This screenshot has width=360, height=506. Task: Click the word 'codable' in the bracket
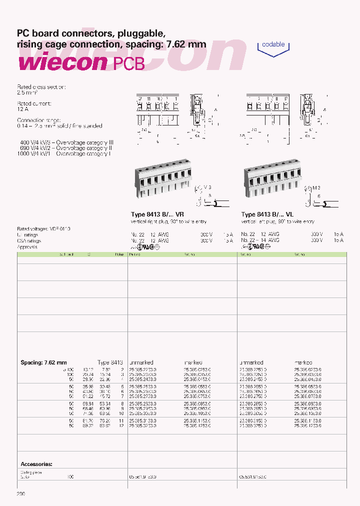pyautogui.click(x=273, y=44)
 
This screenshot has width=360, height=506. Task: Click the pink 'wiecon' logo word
pyautogui.click(x=62, y=63)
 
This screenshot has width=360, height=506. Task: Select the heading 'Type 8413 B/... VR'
pyautogui.click(x=157, y=214)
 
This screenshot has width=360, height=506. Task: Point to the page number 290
pyautogui.click(x=21, y=494)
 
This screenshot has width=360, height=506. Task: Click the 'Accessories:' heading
pyautogui.click(x=36, y=464)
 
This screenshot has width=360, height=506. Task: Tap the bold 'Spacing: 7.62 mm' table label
pyautogui.click(x=43, y=362)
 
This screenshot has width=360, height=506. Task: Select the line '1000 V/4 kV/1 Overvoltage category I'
pyautogui.click(x=63, y=153)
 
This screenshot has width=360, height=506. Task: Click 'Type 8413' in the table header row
pyautogui.click(x=110, y=362)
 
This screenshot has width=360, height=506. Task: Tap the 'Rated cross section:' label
pyautogui.click(x=41, y=86)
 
